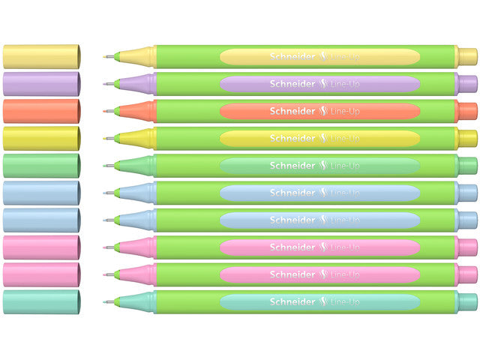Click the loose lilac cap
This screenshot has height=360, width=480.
[41, 83]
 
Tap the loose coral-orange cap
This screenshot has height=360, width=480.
[41, 111]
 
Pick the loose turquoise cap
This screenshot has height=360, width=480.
[41, 302]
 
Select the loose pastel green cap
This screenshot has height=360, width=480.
[41, 166]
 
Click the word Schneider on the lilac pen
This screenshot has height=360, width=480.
[292, 83]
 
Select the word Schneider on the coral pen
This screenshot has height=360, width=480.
[292, 111]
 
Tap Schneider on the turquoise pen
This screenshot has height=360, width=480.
[292, 302]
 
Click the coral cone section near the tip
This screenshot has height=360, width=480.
[139, 111]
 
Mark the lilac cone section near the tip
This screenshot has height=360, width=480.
[139, 83]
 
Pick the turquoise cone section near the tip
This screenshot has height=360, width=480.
[139, 302]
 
